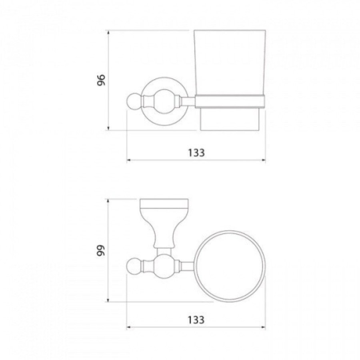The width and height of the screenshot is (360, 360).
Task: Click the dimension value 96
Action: [x=101, y=80]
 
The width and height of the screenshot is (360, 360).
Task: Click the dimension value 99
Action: [x=101, y=250]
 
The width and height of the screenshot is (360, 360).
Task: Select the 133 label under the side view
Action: [x=196, y=153]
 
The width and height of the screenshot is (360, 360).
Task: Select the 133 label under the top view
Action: [x=196, y=320]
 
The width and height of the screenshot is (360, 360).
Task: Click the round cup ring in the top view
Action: [x=230, y=232]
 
